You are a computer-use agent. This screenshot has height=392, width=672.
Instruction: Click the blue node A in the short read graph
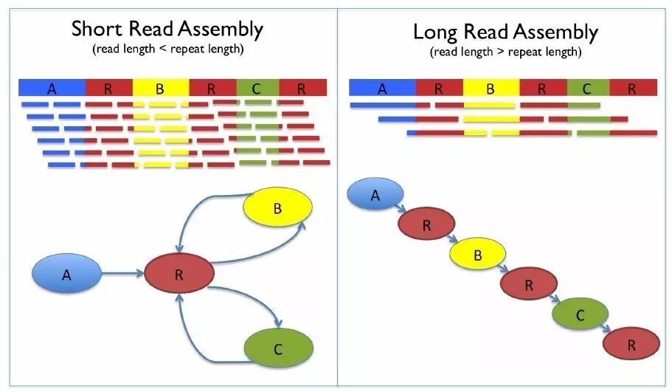click(x=66, y=275)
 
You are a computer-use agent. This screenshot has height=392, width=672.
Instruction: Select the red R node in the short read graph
click(x=179, y=275)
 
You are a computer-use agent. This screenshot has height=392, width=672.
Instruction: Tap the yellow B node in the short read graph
click(x=277, y=209)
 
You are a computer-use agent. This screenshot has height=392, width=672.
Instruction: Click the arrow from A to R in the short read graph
click(x=122, y=275)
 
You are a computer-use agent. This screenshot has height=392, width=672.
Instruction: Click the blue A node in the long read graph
click(x=375, y=195)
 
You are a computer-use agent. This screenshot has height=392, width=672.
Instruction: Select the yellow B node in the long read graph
click(x=478, y=255)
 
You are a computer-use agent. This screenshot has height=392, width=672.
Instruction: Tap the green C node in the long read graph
click(x=580, y=315)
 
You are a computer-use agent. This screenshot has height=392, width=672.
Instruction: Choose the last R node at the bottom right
click(x=631, y=345)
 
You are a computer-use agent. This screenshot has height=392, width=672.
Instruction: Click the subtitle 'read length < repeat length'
click(x=167, y=49)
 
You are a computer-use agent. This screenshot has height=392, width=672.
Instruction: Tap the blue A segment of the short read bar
click(x=52, y=89)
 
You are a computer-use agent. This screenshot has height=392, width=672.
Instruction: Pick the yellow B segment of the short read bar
click(x=160, y=89)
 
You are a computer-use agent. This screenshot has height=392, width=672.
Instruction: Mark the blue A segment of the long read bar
click(x=381, y=89)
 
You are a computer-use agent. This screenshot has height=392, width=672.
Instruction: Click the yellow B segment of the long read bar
click(x=491, y=89)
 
